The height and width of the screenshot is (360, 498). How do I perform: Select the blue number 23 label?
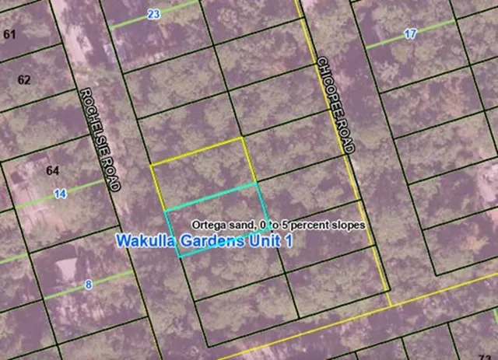(x=153, y=14)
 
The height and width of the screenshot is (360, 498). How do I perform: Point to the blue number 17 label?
(x=410, y=33)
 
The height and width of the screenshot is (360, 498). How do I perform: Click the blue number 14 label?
(x=59, y=194)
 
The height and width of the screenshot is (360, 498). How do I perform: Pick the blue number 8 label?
(x=88, y=285)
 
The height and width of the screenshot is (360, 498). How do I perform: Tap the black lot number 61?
(x=9, y=34)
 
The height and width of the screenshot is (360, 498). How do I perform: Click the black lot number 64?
(x=53, y=170)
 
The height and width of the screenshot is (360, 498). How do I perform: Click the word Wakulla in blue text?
(x=142, y=242)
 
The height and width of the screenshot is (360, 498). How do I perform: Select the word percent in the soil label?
(x=304, y=225)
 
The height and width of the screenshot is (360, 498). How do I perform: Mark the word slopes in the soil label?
(x=345, y=225)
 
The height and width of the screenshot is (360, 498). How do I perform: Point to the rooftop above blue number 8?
(x=67, y=268)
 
